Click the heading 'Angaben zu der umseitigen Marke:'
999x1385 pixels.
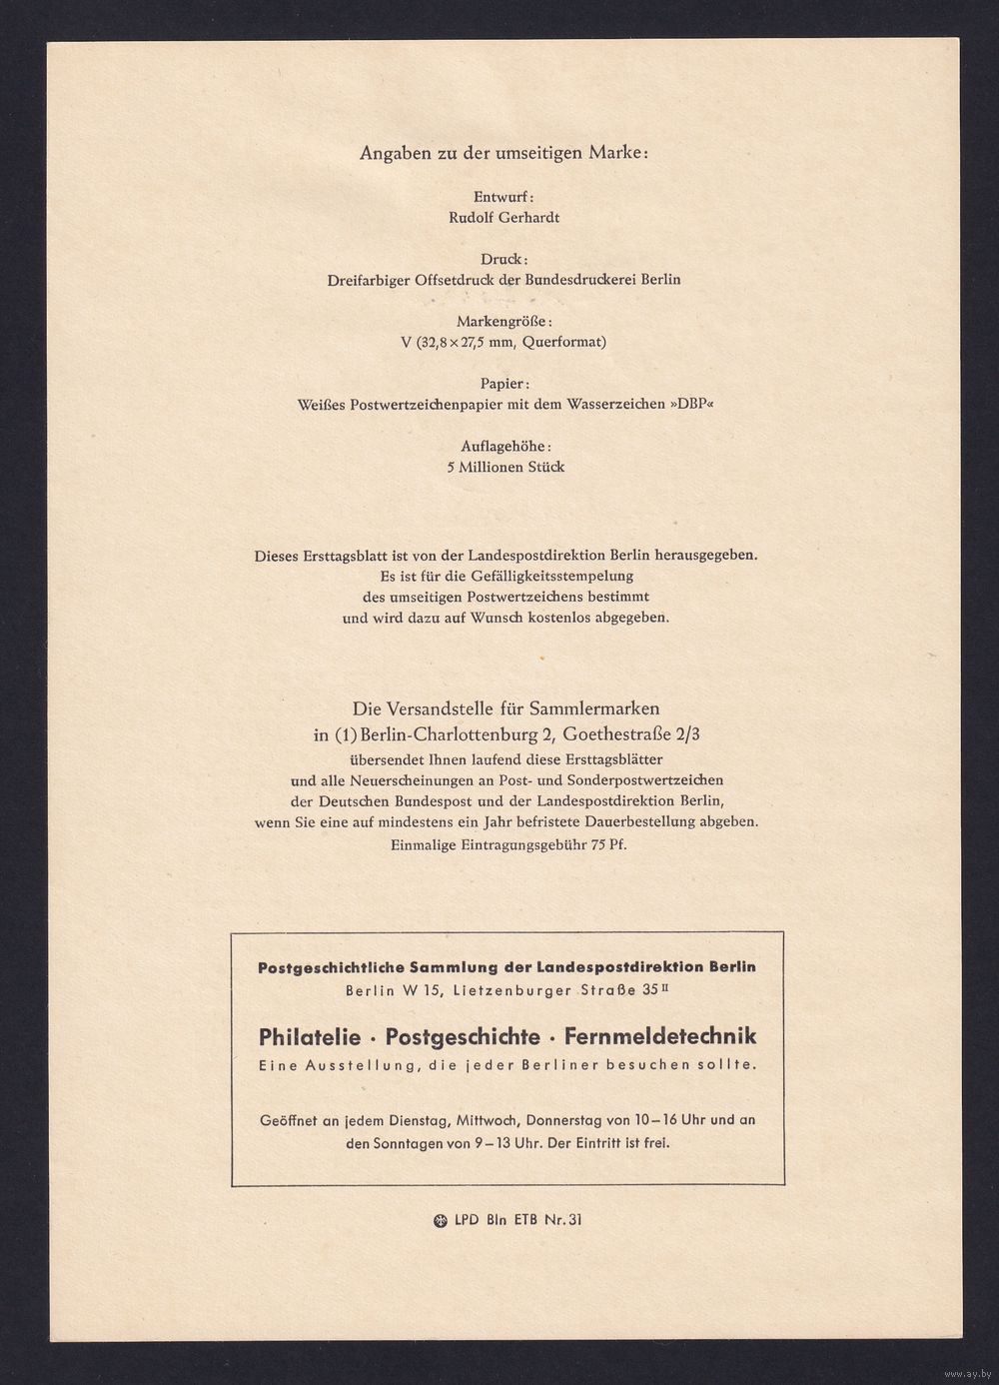[x=504, y=153]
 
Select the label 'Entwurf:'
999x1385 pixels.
[x=504, y=197]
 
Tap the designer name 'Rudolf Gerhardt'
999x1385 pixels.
[x=504, y=217]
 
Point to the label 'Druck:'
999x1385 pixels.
[x=504, y=259]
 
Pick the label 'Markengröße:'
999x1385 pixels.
[x=504, y=321]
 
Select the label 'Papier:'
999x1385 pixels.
[x=504, y=383]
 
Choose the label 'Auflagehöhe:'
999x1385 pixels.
[x=505, y=446]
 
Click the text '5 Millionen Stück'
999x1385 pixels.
[x=505, y=467]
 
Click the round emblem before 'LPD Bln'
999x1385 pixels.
[x=440, y=1220]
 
